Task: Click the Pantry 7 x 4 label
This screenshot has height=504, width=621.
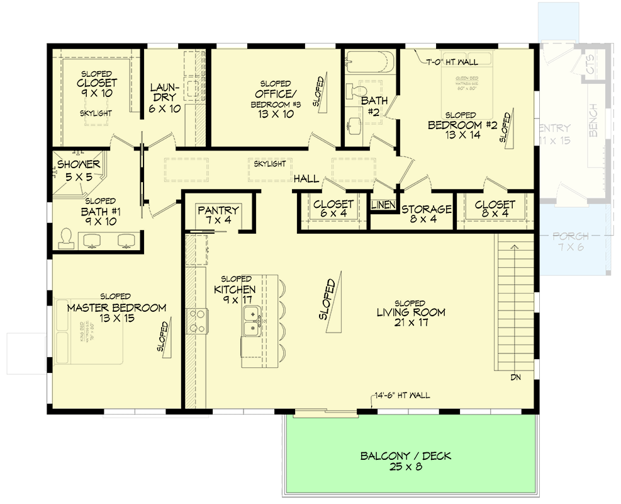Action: pos(218,215)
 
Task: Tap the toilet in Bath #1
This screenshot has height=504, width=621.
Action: pos(66,237)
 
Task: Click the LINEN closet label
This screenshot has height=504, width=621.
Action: pos(383,205)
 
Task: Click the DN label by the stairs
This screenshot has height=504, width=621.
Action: pos(516,377)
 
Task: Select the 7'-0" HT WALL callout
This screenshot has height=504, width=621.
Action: pos(452,62)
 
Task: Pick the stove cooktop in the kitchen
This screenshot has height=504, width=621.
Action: pos(196,319)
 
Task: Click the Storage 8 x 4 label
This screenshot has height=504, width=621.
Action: pos(427,214)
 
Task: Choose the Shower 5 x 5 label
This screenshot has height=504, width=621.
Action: pos(75,171)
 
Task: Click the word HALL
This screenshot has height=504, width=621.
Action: pos(306,179)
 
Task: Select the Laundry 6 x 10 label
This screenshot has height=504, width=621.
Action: pos(165,98)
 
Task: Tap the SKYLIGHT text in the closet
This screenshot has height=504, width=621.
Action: pos(96,113)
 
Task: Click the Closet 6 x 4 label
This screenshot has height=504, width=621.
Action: pos(333,209)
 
